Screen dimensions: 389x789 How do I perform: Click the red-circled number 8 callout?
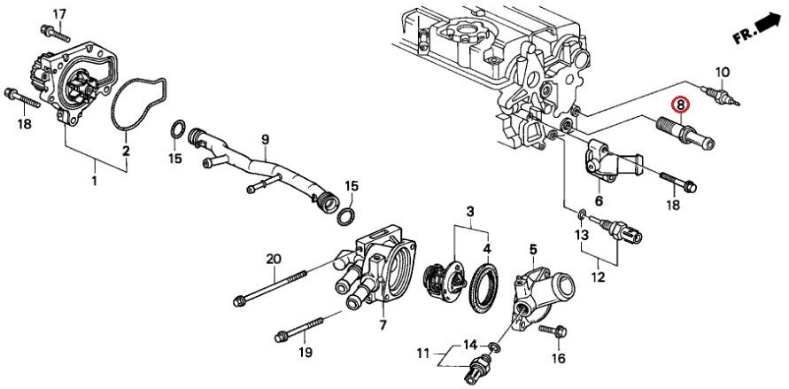point(680,105)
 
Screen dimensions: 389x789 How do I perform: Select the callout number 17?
point(59,13)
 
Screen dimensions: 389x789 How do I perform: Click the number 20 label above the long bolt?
point(274,259)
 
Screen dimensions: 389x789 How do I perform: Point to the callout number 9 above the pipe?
point(263,139)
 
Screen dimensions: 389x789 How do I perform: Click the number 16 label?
point(557,358)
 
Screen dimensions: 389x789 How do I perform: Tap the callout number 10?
point(723,72)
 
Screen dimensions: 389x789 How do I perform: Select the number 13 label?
point(581,235)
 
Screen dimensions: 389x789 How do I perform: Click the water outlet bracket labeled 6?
point(611,165)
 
